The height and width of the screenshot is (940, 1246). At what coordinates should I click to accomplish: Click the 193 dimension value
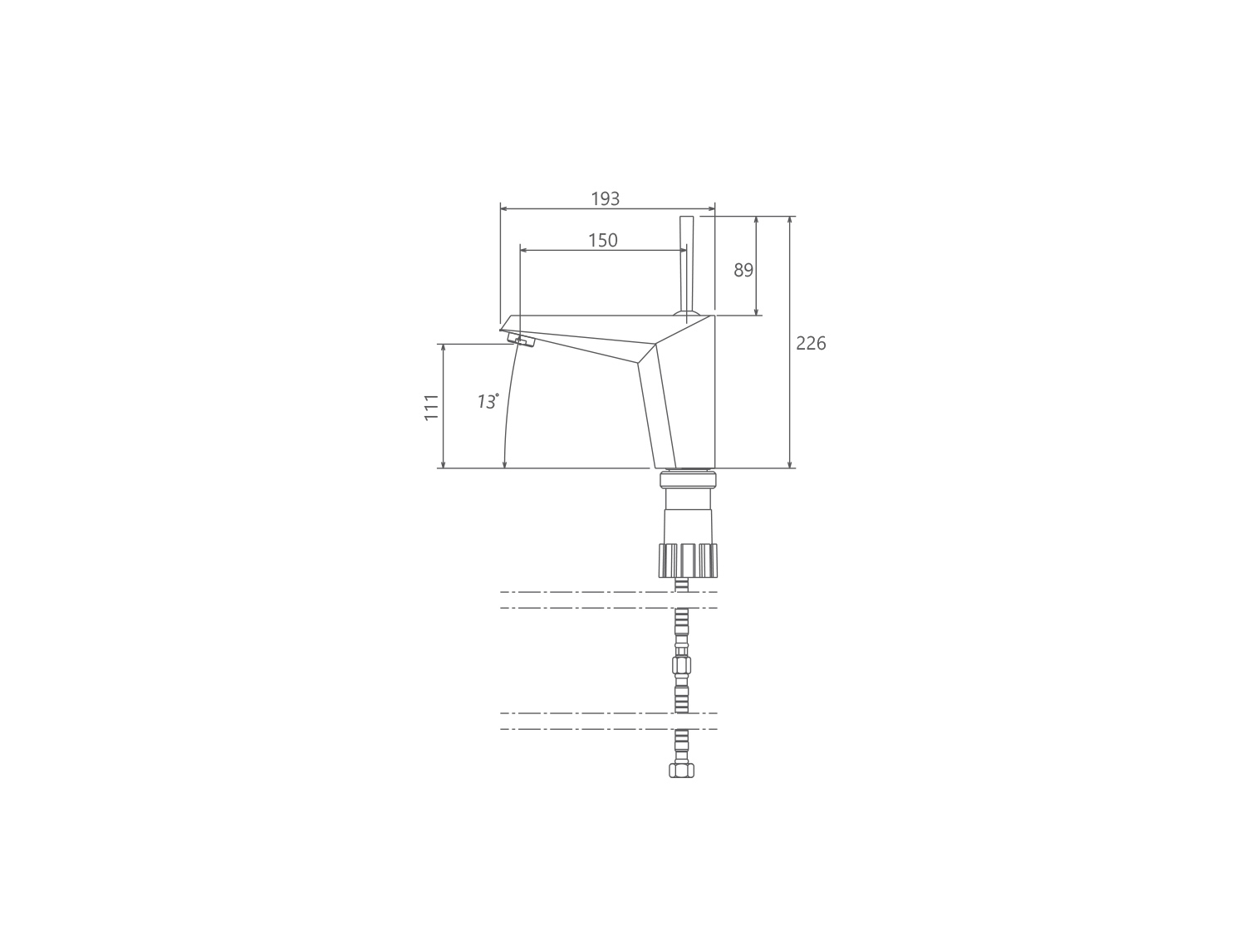(605, 199)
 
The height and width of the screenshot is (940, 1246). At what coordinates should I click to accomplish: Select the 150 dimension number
(603, 241)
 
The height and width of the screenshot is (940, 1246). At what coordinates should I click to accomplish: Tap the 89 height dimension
(743, 270)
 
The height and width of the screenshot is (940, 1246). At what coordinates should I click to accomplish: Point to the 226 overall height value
(811, 343)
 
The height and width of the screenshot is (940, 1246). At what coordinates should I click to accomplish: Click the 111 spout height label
(431, 408)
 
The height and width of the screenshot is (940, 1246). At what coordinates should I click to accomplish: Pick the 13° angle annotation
(488, 401)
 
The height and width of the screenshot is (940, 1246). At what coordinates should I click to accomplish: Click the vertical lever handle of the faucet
(686, 264)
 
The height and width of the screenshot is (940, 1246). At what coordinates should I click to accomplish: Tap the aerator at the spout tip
(521, 340)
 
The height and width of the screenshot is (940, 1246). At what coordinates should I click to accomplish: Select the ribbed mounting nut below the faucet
(688, 561)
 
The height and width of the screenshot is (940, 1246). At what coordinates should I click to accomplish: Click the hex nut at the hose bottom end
(682, 771)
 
